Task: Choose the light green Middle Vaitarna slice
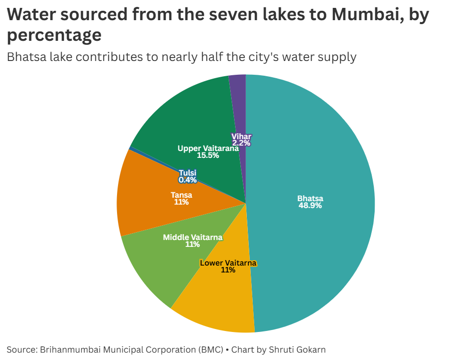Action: coord(157,266)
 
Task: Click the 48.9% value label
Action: coord(310,206)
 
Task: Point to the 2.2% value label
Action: coord(241,143)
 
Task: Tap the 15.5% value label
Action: coord(208,155)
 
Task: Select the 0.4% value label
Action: coord(187,180)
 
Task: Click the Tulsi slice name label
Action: coord(187,173)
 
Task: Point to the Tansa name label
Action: coord(181,195)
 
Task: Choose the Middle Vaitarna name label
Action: coord(192,238)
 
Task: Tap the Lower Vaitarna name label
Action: coord(228,263)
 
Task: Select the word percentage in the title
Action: coord(54,35)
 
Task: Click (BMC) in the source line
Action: coord(211,350)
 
